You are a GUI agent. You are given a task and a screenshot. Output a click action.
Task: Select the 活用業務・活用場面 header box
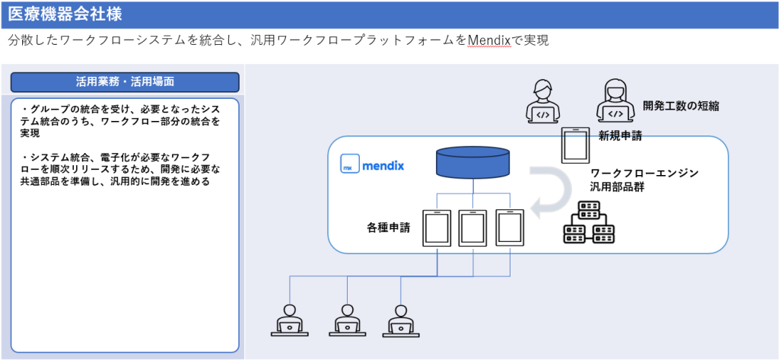coord(125,81)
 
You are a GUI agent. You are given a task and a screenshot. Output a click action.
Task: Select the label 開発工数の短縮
coord(681,107)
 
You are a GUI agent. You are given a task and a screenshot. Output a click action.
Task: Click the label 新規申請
coord(620,136)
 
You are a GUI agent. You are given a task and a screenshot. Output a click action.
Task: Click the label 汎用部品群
coord(618,187)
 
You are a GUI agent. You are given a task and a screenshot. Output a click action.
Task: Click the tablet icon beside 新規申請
coord(575,145)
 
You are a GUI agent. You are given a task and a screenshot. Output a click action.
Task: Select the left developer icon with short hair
coord(542,102)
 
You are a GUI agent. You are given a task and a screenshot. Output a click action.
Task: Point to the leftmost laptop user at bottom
coord(289,320)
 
